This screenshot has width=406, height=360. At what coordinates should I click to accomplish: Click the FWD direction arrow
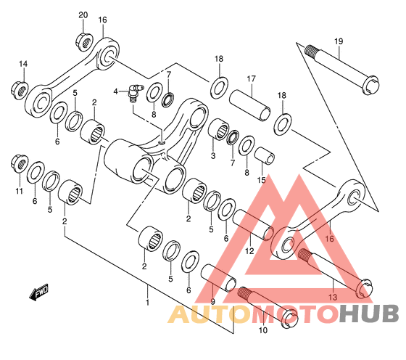click(x=39, y=292)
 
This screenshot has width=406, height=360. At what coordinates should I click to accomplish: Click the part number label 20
click(x=83, y=15)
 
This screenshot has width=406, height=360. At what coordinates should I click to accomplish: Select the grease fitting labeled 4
click(x=135, y=92)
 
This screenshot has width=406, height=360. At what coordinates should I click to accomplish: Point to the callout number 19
click(x=339, y=41)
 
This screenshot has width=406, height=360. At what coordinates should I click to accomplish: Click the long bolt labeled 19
click(x=341, y=70)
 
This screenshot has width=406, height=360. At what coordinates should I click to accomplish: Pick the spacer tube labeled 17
click(x=250, y=105)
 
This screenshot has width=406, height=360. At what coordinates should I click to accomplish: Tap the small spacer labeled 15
click(x=265, y=155)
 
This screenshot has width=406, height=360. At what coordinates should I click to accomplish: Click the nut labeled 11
click(x=20, y=163)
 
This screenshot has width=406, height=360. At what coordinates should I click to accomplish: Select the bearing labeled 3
click(x=218, y=130)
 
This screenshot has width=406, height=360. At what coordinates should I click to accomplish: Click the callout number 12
click(x=249, y=251)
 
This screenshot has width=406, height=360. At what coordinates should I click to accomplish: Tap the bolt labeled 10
click(x=268, y=308)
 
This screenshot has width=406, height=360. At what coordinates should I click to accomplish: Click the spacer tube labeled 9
click(x=218, y=278)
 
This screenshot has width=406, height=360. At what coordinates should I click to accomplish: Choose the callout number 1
click(x=148, y=303)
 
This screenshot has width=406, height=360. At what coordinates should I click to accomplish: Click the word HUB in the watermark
click(x=369, y=314)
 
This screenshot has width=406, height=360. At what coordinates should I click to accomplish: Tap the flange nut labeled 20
click(x=84, y=41)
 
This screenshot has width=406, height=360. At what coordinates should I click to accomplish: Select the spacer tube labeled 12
click(x=253, y=225)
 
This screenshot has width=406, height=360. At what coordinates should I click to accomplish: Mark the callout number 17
click(x=251, y=79)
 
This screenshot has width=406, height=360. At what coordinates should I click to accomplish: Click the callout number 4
click(x=115, y=91)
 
